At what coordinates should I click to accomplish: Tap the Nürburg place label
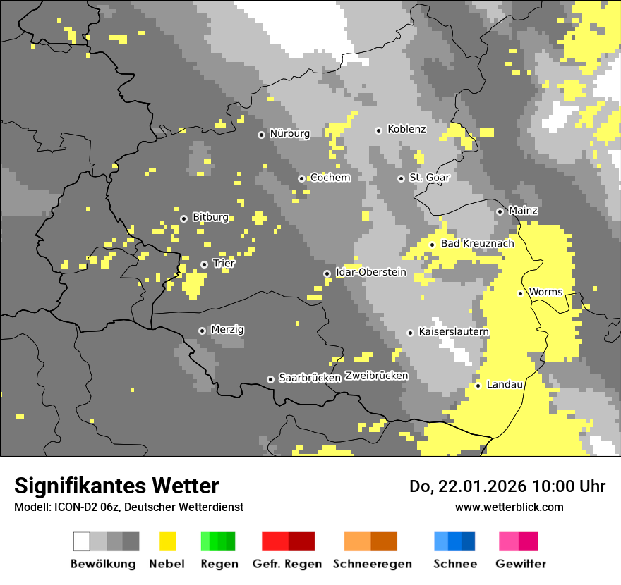(289, 133)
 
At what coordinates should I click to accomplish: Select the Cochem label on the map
(330, 178)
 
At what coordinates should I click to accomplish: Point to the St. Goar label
(429, 178)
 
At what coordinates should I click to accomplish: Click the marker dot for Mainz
(500, 211)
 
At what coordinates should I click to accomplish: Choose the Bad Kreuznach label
(477, 244)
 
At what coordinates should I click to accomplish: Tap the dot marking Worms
(520, 293)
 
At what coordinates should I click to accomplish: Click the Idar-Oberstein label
(371, 272)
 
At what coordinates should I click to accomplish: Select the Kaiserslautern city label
(453, 331)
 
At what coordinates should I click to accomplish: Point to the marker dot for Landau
(478, 386)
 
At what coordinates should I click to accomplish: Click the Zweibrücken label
(376, 376)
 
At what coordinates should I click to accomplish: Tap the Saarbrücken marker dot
(270, 379)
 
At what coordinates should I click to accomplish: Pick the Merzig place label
(227, 329)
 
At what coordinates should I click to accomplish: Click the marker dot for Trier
(204, 265)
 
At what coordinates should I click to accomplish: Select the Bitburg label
(210, 217)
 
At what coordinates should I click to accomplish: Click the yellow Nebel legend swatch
(167, 541)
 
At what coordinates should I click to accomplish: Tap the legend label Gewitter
(521, 564)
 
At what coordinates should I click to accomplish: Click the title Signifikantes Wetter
(116, 486)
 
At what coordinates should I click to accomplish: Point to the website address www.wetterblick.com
(509, 507)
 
